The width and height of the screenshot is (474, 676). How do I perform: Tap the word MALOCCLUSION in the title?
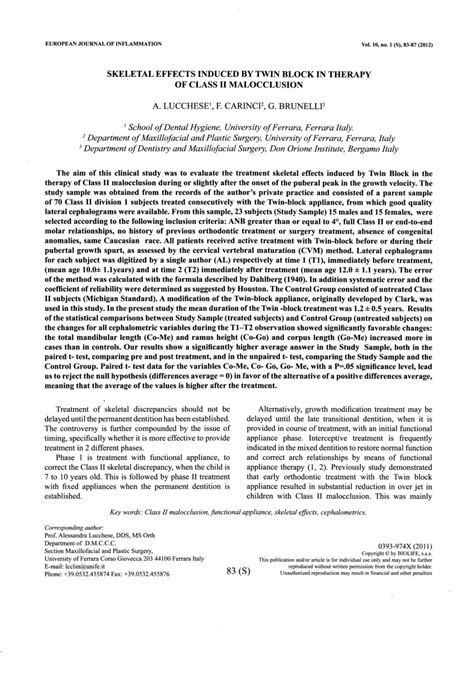tap(270, 87)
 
